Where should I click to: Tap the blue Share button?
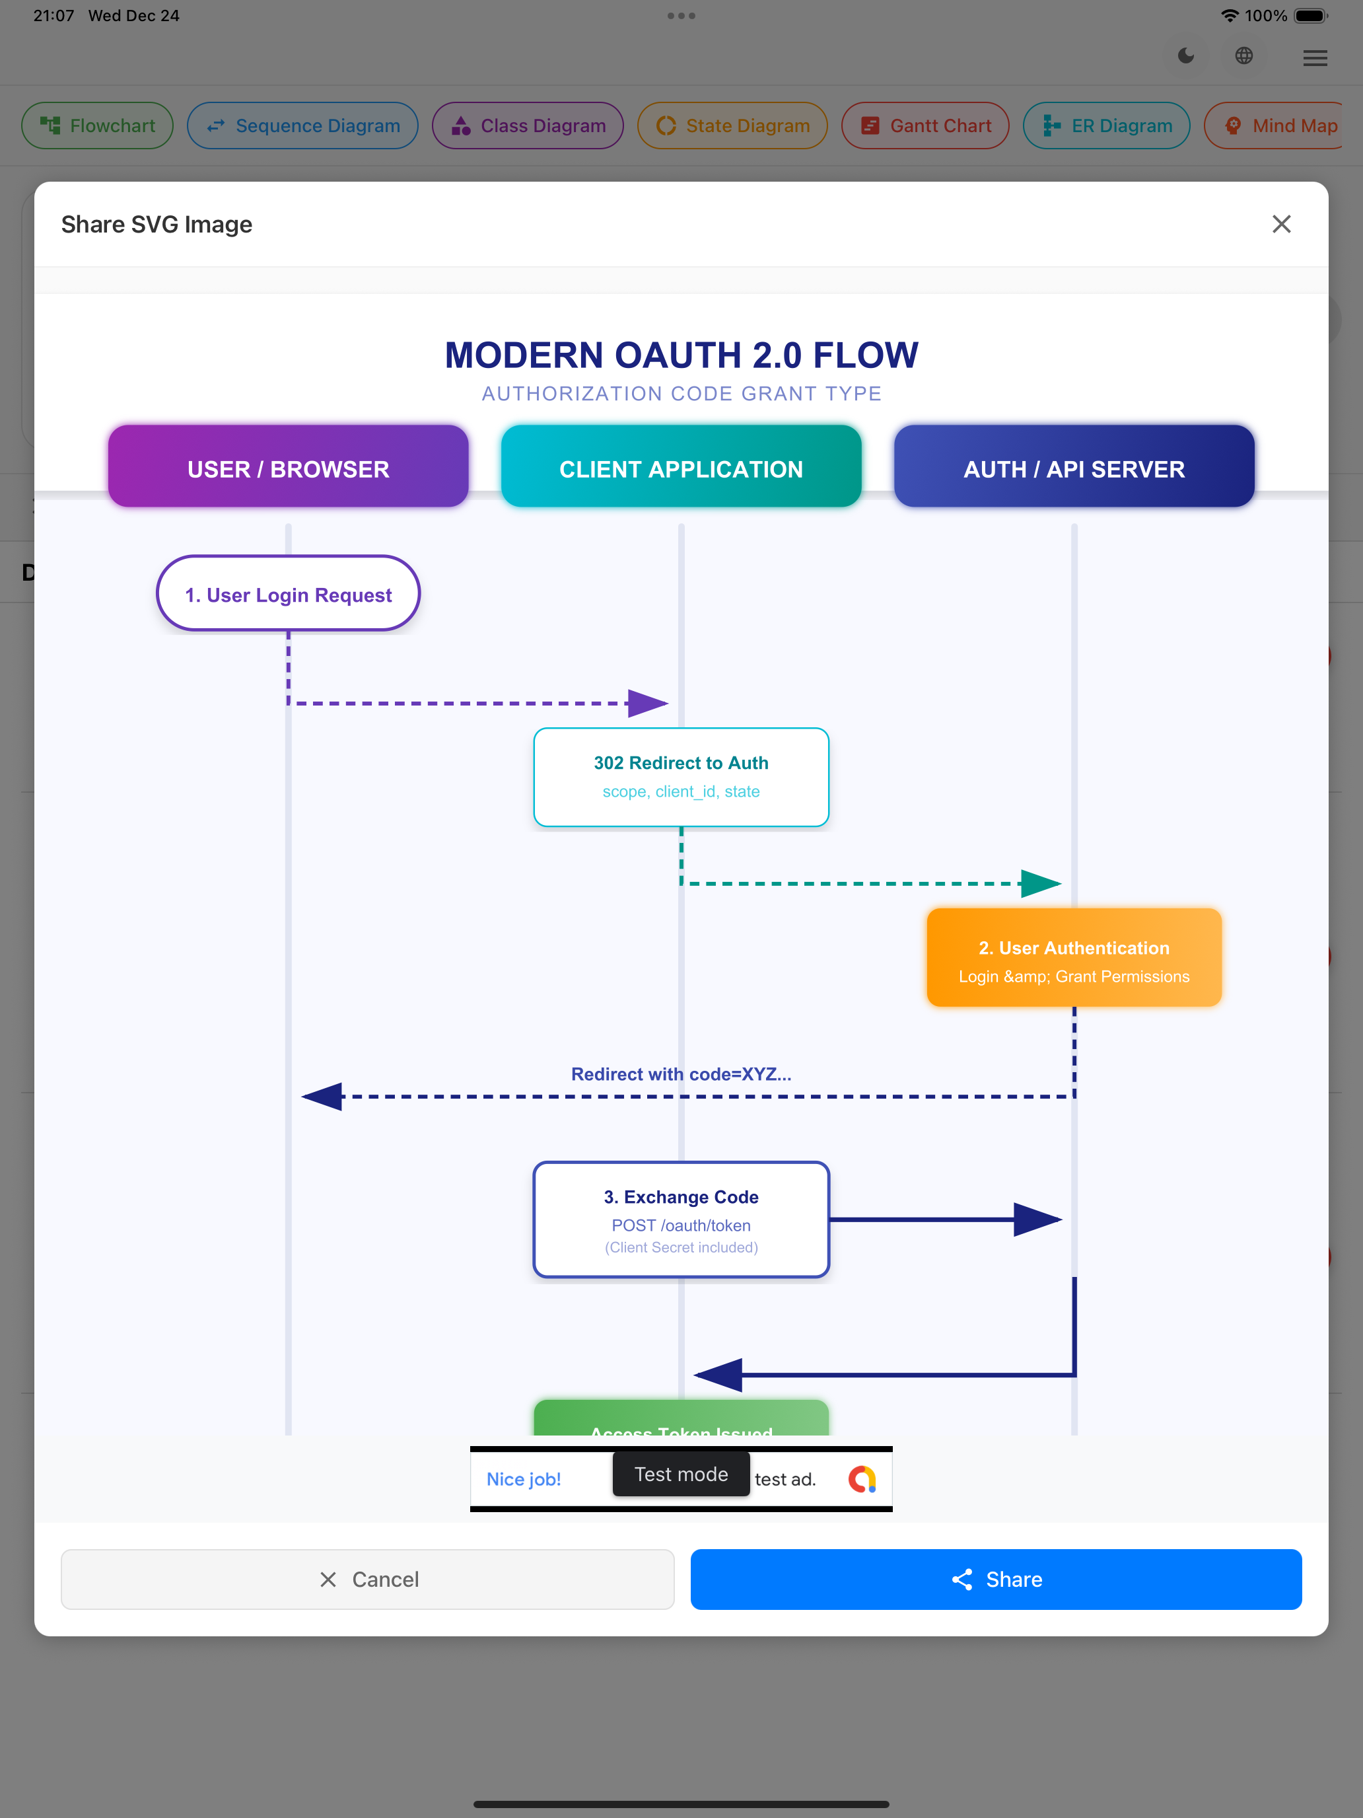996,1579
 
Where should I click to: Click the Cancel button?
367,1579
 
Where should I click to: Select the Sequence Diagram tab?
302,126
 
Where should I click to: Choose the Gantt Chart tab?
925,126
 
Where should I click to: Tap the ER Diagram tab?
1106,126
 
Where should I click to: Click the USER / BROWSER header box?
289,466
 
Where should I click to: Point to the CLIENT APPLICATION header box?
681,466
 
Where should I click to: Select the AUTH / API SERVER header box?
1074,466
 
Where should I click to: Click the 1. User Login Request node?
289,593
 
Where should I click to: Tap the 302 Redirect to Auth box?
681,777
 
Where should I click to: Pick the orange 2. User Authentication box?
1074,957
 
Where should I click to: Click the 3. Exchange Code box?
681,1219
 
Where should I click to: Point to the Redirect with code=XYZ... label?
681,1074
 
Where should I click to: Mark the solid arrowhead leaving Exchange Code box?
1037,1219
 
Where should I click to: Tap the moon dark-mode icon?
1185,56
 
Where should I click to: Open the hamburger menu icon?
1315,57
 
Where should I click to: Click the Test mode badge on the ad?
681,1474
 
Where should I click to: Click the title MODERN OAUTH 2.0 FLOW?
681,355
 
